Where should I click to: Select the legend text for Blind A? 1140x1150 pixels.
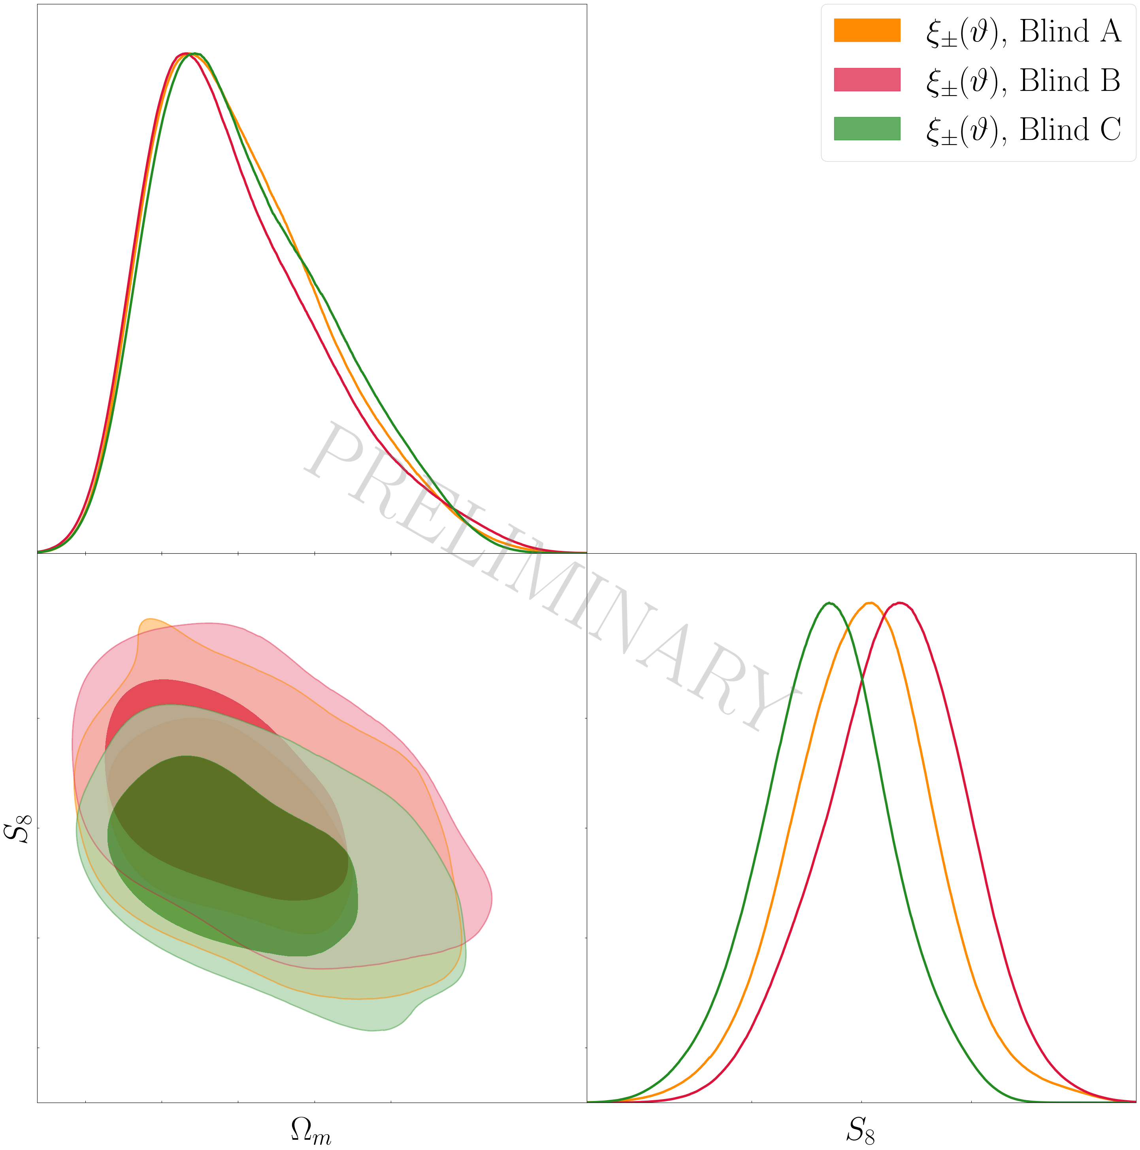1023,32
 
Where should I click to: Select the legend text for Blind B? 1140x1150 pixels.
1023,81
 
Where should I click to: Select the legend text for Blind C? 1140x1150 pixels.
1023,130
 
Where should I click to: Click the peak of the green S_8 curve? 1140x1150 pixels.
829,603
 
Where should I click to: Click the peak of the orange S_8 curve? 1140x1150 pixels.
870,603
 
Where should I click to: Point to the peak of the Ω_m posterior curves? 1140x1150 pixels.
189,54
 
